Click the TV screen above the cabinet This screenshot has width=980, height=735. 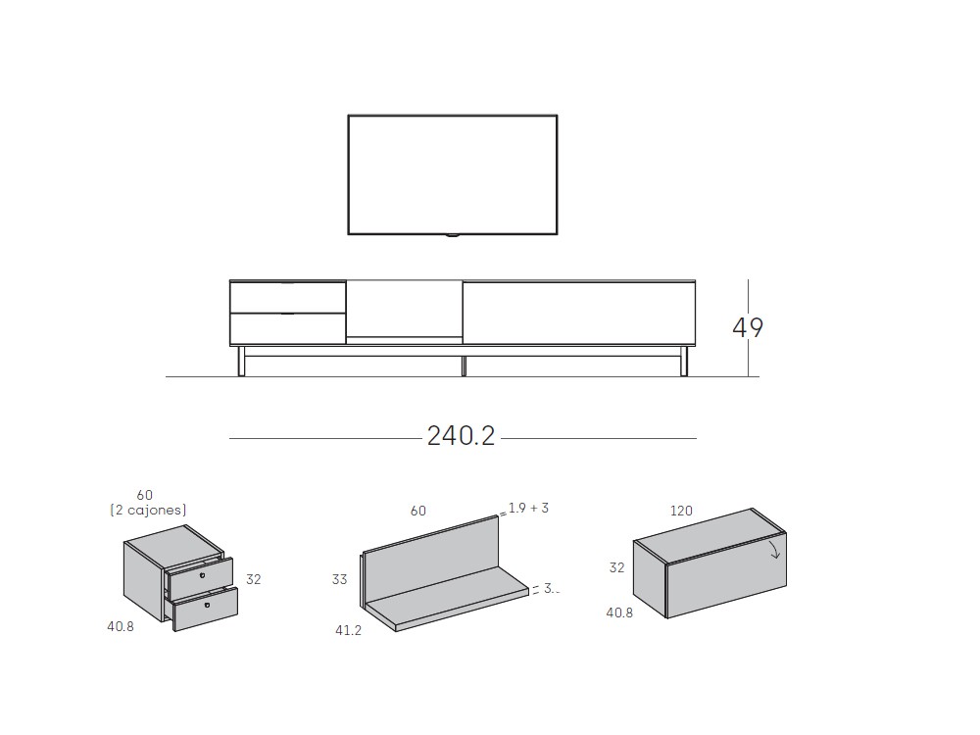452,174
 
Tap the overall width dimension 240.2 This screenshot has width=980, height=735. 461,436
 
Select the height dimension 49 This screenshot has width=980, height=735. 748,327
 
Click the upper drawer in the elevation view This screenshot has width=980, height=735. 288,297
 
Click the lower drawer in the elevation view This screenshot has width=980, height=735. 288,328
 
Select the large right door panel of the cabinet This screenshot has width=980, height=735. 578,313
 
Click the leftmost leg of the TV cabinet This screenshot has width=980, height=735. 239,362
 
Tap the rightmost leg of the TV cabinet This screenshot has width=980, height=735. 685,362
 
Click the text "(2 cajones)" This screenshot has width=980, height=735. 148,510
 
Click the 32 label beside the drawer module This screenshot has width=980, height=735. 254,579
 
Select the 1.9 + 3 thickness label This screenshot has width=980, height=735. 528,508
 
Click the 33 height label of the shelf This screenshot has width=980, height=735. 339,579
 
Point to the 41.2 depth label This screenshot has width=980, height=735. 348,630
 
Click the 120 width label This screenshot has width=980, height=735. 681,511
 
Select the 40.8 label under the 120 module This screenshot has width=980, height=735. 619,612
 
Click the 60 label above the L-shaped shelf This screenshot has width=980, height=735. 418,511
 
